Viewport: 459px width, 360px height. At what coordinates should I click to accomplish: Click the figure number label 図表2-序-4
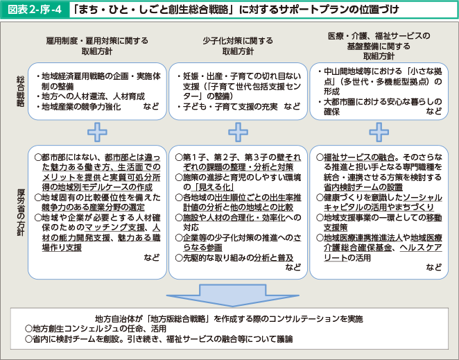35,10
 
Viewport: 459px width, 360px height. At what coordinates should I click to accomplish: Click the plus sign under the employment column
97,132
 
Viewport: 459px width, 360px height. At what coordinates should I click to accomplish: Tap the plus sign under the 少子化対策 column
238,132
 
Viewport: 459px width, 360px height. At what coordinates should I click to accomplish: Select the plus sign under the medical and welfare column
379,132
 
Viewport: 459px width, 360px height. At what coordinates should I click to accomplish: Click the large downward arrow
233,295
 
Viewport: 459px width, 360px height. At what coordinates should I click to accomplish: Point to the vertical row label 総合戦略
20,92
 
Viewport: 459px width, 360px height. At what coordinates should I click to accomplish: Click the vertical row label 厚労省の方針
21,212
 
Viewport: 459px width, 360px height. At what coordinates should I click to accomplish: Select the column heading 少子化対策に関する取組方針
238,46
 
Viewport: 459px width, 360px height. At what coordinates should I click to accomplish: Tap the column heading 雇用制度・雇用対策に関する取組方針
97,46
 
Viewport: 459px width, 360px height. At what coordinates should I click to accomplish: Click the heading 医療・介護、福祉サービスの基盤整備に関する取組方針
379,46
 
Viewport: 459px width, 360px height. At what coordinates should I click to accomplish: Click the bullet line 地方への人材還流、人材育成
91,96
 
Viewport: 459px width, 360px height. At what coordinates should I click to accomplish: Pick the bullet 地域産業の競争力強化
78,107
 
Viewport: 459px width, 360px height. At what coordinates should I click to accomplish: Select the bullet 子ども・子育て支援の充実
227,107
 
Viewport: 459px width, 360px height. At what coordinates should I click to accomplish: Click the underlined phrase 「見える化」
213,187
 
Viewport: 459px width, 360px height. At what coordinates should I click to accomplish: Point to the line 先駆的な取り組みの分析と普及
234,258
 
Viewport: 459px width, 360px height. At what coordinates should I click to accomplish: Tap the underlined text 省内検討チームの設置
363,187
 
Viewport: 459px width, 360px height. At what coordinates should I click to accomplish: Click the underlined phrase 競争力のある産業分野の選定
94,207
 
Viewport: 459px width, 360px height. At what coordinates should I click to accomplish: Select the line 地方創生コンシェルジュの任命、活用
96,329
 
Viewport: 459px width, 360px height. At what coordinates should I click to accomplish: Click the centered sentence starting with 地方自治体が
230,318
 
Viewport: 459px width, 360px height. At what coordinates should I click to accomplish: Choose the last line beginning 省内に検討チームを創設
159,339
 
